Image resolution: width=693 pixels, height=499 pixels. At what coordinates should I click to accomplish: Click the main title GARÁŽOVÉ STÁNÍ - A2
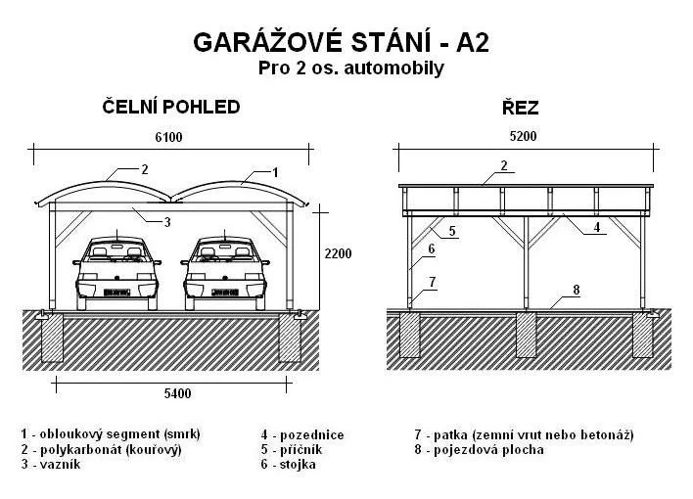coord(341,42)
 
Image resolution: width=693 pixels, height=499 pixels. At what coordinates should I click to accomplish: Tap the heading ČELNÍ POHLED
coord(171,107)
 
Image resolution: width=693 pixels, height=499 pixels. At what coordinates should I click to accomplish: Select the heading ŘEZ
coord(520,107)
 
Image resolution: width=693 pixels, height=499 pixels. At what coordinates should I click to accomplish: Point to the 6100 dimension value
coord(168,137)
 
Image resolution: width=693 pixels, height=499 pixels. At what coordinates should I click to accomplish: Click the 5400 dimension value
coord(178,393)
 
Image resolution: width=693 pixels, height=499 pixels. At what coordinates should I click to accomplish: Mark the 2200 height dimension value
coord(338,253)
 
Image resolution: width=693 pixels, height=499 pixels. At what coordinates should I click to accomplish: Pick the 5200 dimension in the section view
coord(524,136)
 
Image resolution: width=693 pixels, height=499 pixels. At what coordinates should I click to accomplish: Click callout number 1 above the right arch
coord(275,172)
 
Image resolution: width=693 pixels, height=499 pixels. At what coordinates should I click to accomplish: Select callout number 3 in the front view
coord(167,222)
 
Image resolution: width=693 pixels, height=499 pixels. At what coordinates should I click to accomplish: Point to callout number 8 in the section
coord(576,290)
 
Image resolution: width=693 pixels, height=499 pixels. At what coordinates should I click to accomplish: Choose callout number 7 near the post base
coord(433,282)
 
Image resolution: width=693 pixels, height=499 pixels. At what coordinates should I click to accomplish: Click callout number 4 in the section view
coord(597,227)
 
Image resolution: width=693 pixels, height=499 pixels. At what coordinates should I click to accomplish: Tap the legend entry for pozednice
coord(302,434)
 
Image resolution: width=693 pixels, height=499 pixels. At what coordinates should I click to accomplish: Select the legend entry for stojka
coord(288,465)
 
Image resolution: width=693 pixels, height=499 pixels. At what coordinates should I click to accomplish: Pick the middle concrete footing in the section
coord(526,335)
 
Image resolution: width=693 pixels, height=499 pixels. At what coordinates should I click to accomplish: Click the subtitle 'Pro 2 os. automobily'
coord(351,68)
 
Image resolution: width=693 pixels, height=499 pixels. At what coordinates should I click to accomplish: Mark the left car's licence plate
coord(116,293)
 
